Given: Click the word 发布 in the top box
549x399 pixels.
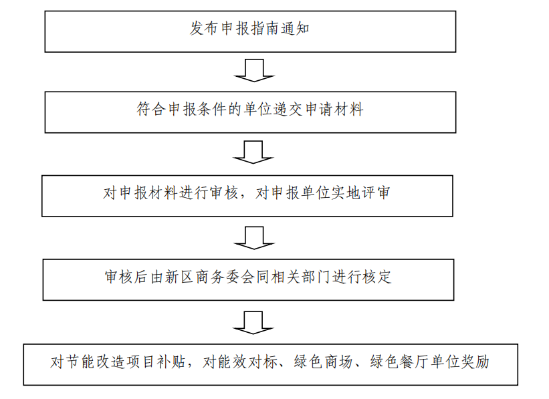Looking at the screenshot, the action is click(205, 28).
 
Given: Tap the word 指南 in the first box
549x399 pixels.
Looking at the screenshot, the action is click(265, 28).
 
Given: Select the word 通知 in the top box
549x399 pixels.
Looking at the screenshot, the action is click(295, 28).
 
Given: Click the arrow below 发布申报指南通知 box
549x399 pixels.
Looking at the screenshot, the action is click(254, 70).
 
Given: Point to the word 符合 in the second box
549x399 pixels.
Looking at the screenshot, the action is click(152, 109).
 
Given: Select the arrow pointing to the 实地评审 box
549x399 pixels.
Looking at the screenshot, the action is click(253, 152).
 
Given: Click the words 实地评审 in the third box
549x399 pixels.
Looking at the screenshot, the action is click(360, 193).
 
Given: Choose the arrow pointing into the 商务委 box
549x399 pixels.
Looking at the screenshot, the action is click(254, 238).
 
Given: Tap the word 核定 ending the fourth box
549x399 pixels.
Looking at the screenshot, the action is click(376, 277).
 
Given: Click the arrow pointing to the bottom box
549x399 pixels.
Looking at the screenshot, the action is click(253, 323).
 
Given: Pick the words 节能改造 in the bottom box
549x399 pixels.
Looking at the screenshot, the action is click(95, 362).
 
